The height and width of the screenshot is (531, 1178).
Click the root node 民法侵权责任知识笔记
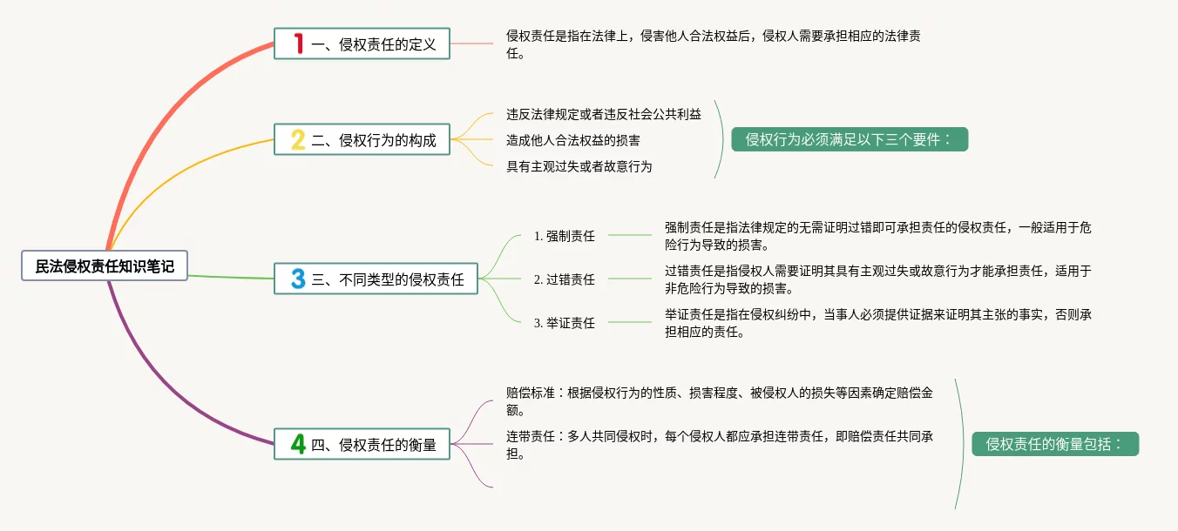click(x=105, y=266)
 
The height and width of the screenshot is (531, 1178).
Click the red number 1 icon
click(x=299, y=44)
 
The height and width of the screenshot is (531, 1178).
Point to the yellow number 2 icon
click(x=298, y=140)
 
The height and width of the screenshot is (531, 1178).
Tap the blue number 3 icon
click(x=298, y=279)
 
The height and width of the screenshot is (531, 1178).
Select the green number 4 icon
click(x=298, y=444)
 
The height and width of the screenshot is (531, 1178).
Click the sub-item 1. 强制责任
click(x=565, y=235)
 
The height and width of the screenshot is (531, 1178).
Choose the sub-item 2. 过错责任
click(x=565, y=279)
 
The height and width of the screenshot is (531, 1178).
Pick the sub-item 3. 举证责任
click(x=565, y=322)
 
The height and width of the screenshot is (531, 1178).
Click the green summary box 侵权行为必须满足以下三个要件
click(x=850, y=139)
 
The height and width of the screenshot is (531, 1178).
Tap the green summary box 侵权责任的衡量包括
click(x=1055, y=444)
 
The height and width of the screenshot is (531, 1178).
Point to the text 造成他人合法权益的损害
click(x=573, y=140)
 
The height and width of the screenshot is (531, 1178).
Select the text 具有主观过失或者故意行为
click(x=579, y=166)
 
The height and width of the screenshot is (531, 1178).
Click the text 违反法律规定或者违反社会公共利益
click(x=604, y=114)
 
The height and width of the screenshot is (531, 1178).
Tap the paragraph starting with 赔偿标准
click(x=719, y=400)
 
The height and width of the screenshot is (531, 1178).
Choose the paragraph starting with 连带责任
click(x=719, y=444)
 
